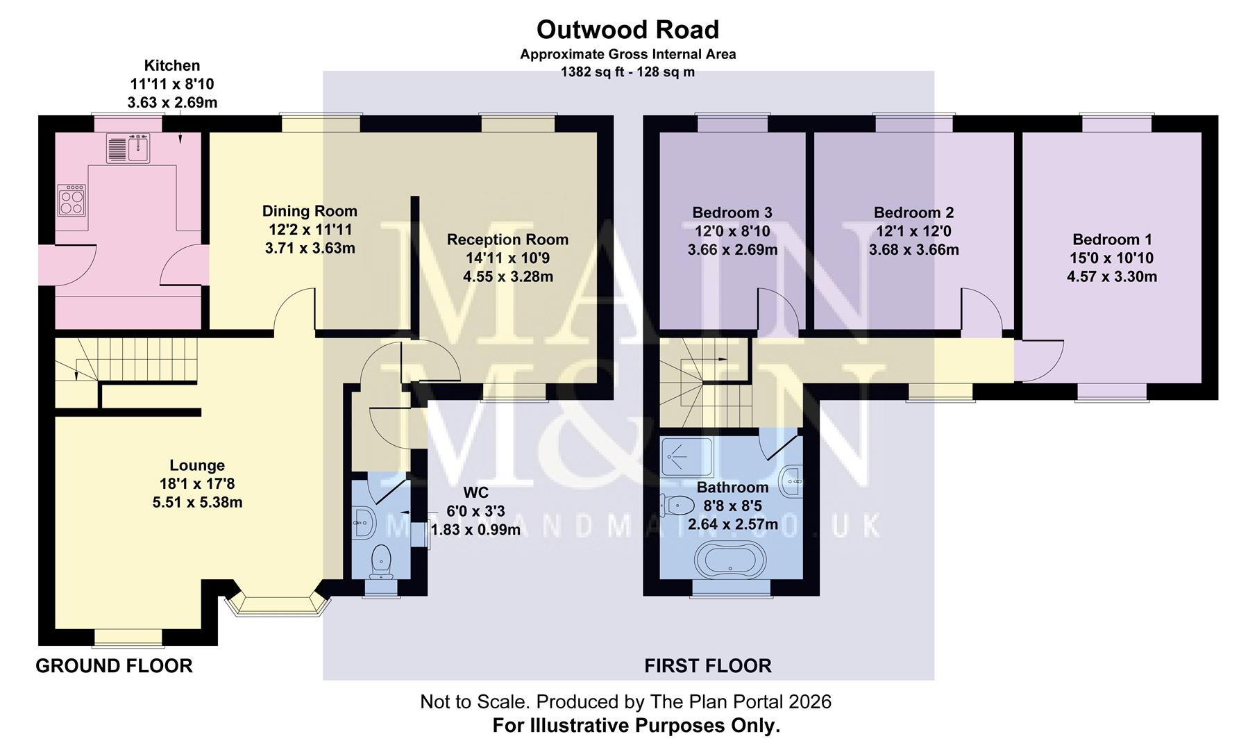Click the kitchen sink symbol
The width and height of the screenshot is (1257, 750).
128,148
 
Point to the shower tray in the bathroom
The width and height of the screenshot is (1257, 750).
686,456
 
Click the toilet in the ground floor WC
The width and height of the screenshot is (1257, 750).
381,561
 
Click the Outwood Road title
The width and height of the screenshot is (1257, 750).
627,30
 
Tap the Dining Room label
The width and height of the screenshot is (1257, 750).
310,211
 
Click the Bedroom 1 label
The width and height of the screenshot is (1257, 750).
1112,240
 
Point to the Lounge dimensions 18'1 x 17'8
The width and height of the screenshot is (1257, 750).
197,484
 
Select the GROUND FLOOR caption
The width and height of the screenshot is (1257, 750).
114,666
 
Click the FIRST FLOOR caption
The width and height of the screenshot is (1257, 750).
707,666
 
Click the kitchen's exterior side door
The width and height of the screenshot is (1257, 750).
66,265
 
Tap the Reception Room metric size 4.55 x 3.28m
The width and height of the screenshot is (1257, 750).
507,276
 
